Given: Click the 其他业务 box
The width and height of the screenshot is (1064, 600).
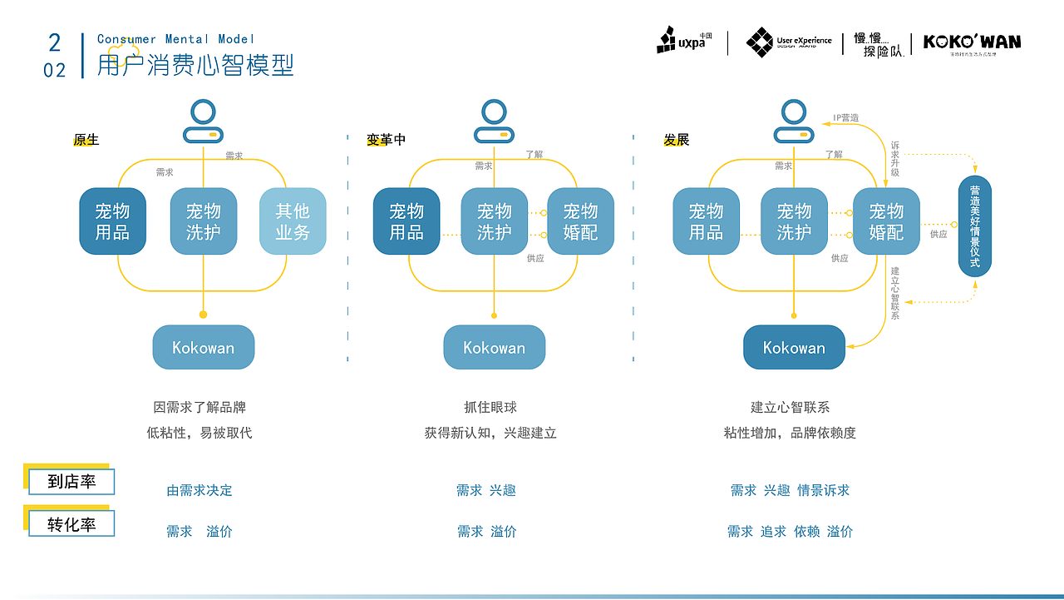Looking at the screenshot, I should (293, 221).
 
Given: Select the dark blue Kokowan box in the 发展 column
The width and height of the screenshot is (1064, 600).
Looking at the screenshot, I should (794, 348).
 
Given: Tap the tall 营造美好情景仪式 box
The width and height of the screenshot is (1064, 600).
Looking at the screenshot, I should (975, 226).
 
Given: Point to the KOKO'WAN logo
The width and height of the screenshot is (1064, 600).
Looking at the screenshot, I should (972, 42).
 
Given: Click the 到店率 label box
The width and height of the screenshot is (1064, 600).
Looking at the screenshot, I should (71, 481).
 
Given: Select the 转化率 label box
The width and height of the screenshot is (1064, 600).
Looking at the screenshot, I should (71, 524).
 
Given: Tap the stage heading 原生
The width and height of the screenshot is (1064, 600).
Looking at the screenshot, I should (86, 140).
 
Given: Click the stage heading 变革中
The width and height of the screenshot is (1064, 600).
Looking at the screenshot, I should (386, 140).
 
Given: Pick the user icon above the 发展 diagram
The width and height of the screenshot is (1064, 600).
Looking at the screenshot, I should (793, 121).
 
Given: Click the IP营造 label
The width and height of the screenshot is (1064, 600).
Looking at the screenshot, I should (846, 118).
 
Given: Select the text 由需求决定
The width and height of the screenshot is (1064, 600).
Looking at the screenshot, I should (199, 490).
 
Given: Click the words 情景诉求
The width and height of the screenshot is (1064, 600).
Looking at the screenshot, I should (823, 490).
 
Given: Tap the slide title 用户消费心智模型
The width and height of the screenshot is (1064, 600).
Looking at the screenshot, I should (195, 65).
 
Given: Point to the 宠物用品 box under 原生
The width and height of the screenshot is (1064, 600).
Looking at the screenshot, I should (112, 221).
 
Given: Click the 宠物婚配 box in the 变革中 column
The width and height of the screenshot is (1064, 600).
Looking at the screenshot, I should (580, 221).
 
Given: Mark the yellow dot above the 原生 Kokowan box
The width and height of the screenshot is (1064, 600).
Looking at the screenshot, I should (203, 315).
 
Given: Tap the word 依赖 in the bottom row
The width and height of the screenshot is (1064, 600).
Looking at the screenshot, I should (806, 531).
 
